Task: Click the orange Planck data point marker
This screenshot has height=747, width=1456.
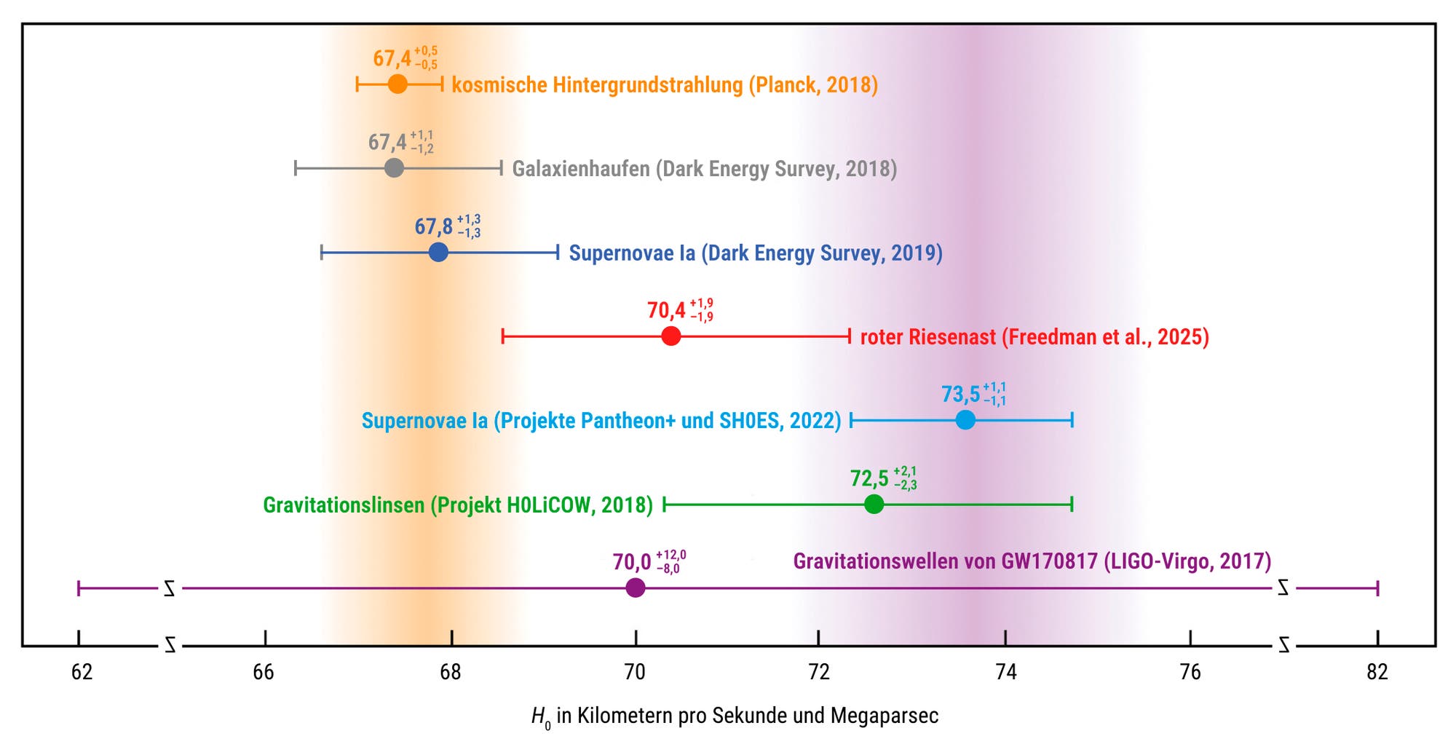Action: [397, 84]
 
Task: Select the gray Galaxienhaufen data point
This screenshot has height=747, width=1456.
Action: [394, 168]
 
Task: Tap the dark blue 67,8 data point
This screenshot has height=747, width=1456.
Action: [438, 253]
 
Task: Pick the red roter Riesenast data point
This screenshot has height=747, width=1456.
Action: [671, 336]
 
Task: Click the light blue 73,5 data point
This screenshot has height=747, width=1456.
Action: [965, 420]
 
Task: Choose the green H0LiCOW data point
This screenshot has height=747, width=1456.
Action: [874, 504]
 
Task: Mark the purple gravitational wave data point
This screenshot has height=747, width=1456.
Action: [636, 588]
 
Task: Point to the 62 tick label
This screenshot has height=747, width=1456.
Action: [82, 672]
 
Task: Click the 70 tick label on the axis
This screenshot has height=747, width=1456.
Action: [635, 672]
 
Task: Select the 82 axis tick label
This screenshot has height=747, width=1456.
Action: [1377, 672]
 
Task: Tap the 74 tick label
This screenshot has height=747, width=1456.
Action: [1005, 672]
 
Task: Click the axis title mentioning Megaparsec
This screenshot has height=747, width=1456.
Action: [735, 716]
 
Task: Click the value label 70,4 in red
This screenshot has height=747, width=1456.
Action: [666, 311]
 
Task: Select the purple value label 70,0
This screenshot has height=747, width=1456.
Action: [632, 562]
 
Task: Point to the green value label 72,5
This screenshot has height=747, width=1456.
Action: [869, 478]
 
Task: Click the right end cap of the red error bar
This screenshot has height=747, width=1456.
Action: [850, 336]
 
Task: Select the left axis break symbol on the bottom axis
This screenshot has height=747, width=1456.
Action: [170, 645]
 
